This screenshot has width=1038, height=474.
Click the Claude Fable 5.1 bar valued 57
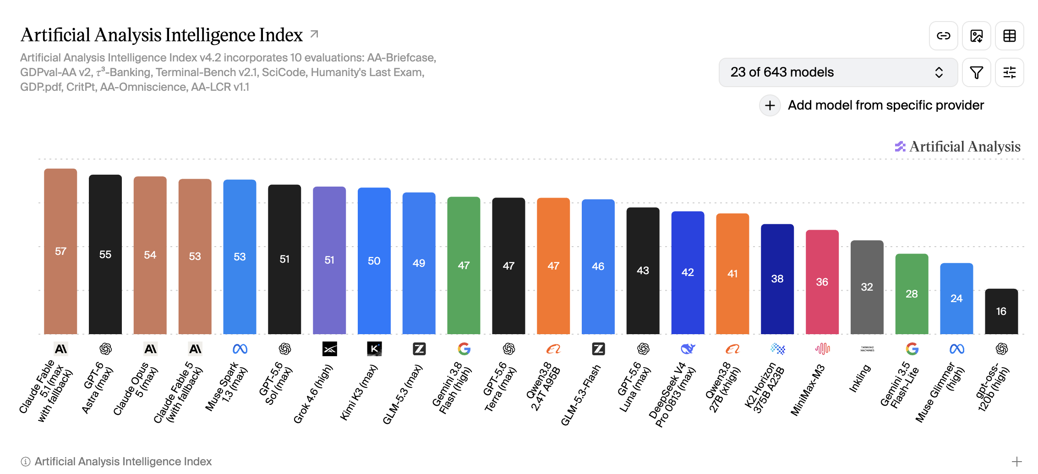pyautogui.click(x=60, y=251)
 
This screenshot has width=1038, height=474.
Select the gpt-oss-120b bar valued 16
pyautogui.click(x=1001, y=311)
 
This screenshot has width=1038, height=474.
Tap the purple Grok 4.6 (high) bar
pyautogui.click(x=329, y=260)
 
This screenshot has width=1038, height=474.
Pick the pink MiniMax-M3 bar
pyautogui.click(x=822, y=282)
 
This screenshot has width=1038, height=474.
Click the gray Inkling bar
pyautogui.click(x=867, y=287)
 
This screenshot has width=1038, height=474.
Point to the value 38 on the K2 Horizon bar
pyautogui.click(x=777, y=279)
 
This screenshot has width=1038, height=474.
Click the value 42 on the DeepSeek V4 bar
pyautogui.click(x=688, y=272)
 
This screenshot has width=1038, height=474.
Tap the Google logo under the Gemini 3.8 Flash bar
pyautogui.click(x=464, y=349)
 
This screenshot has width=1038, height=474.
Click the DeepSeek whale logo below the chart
pyautogui.click(x=688, y=349)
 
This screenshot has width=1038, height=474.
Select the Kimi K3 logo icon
pyautogui.click(x=374, y=349)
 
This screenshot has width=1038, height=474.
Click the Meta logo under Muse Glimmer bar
pyautogui.click(x=956, y=349)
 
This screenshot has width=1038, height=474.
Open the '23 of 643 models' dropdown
pyautogui.click(x=838, y=72)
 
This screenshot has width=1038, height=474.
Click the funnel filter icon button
pyautogui.click(x=977, y=72)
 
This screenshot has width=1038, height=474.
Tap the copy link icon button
pyautogui.click(x=944, y=36)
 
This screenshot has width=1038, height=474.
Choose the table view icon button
pyautogui.click(x=1010, y=36)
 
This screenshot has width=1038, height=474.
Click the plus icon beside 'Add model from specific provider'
pyautogui.click(x=770, y=105)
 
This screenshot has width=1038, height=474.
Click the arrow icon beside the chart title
pyautogui.click(x=314, y=34)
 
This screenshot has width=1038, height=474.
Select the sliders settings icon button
pyautogui.click(x=1010, y=72)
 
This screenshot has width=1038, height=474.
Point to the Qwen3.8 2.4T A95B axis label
pyautogui.click(x=543, y=386)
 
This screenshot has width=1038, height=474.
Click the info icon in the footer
pyautogui.click(x=26, y=462)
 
